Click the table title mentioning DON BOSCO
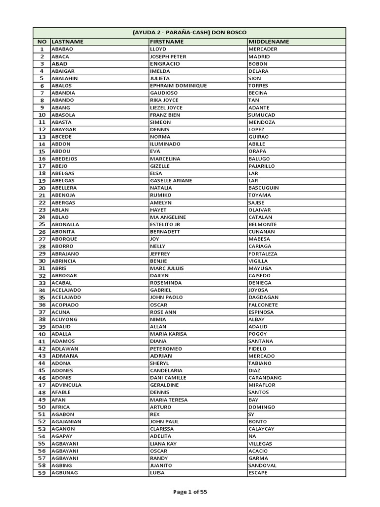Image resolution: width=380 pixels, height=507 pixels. (190, 32)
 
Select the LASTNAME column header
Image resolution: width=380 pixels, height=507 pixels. (67, 42)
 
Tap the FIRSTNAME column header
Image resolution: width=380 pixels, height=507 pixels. (167, 42)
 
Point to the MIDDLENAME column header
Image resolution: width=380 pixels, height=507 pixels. (269, 42)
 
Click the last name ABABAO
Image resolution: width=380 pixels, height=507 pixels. (62, 49)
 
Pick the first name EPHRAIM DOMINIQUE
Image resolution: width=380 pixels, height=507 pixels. (178, 86)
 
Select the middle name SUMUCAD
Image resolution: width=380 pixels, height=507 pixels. (262, 115)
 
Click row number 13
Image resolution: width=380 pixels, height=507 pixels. (42, 137)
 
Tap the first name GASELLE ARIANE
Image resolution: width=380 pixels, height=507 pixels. (171, 181)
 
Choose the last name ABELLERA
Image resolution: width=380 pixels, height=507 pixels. (64, 188)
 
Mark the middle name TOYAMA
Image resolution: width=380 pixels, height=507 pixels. (260, 195)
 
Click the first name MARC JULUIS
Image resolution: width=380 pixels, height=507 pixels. (167, 268)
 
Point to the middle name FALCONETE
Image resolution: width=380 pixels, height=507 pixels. (263, 305)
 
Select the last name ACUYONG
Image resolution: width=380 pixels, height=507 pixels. (64, 319)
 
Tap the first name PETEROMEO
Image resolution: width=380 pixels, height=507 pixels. (166, 349)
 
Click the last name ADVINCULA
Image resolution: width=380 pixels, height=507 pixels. (66, 385)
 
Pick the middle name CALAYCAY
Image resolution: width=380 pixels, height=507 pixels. (261, 429)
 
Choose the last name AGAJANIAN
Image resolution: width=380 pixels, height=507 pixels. (66, 422)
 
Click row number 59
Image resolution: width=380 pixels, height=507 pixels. (42, 473)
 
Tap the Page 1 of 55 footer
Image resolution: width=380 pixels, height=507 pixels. (190, 492)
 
